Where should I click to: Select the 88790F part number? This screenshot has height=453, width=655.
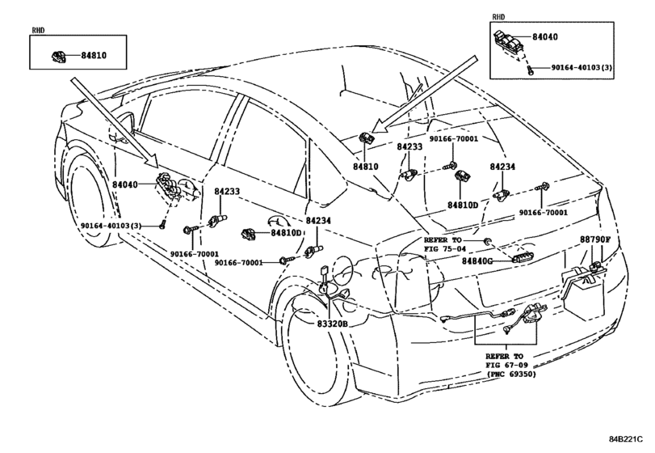pyautogui.click(x=595, y=239)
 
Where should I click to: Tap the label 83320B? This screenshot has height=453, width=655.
pyautogui.click(x=332, y=324)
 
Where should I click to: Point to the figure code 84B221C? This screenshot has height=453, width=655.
pyautogui.click(x=625, y=438)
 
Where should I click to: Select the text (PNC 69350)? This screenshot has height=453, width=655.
pyautogui.click(x=511, y=374)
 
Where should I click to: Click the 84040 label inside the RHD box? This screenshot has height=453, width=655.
pyautogui.click(x=544, y=37)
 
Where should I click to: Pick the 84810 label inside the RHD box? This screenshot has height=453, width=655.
pyautogui.click(x=94, y=55)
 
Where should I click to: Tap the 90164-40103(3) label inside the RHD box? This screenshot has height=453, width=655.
pyautogui.click(x=582, y=67)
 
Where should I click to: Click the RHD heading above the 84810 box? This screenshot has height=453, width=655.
pyautogui.click(x=38, y=30)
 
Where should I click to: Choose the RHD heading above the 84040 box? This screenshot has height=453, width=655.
pyautogui.click(x=498, y=17)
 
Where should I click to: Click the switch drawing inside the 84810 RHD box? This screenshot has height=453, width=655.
pyautogui.click(x=58, y=56)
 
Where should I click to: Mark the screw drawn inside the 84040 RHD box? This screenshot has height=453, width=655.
pyautogui.click(x=530, y=70)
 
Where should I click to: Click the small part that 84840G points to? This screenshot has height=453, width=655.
pyautogui.click(x=523, y=259)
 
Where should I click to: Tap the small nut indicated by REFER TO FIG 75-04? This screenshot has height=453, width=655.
pyautogui.click(x=487, y=241)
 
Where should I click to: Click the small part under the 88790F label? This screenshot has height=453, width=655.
pyautogui.click(x=594, y=265)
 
